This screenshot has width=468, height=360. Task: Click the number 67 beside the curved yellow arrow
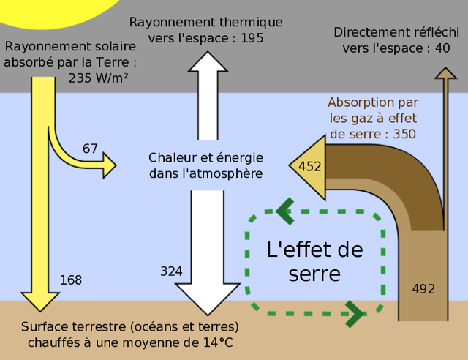(x=90, y=149)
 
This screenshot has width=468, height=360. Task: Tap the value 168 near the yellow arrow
(x=71, y=280)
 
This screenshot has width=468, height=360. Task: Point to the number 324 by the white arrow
(x=171, y=271)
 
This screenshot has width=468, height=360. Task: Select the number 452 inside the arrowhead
(x=310, y=167)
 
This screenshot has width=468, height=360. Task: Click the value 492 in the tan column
(x=423, y=288)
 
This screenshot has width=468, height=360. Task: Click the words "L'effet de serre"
(x=314, y=261)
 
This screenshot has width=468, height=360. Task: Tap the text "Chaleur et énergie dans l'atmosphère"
(x=205, y=165)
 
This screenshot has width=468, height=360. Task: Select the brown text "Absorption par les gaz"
(x=373, y=110)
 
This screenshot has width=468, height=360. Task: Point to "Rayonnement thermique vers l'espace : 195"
(x=205, y=30)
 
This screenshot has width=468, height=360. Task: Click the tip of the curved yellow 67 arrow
(x=111, y=165)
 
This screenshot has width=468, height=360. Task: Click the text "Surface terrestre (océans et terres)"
(x=130, y=326)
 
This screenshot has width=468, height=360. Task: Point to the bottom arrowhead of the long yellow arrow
(x=39, y=301)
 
